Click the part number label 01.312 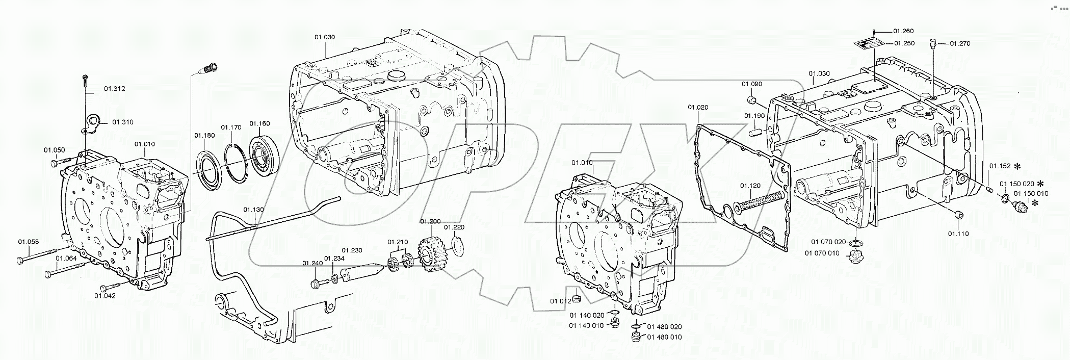[x=115, y=89]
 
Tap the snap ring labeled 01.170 [x=236, y=161]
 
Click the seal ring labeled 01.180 [x=209, y=168]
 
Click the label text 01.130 [x=253, y=210]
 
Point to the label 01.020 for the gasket [x=698, y=107]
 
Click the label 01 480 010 [x=664, y=337]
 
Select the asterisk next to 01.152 [x=1017, y=166]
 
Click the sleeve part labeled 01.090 [x=751, y=99]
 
